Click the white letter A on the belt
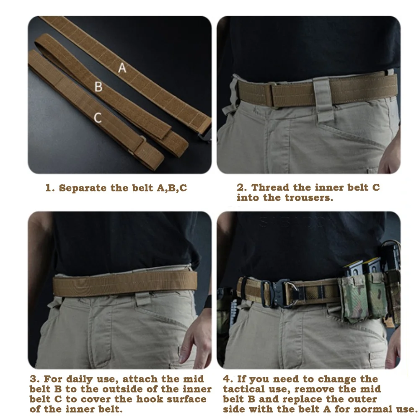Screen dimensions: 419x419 [122, 67]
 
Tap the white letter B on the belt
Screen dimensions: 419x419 [98, 87]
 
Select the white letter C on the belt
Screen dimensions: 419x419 [98, 118]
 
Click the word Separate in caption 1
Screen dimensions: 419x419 [83, 188]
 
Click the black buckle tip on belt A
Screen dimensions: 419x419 [205, 135]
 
